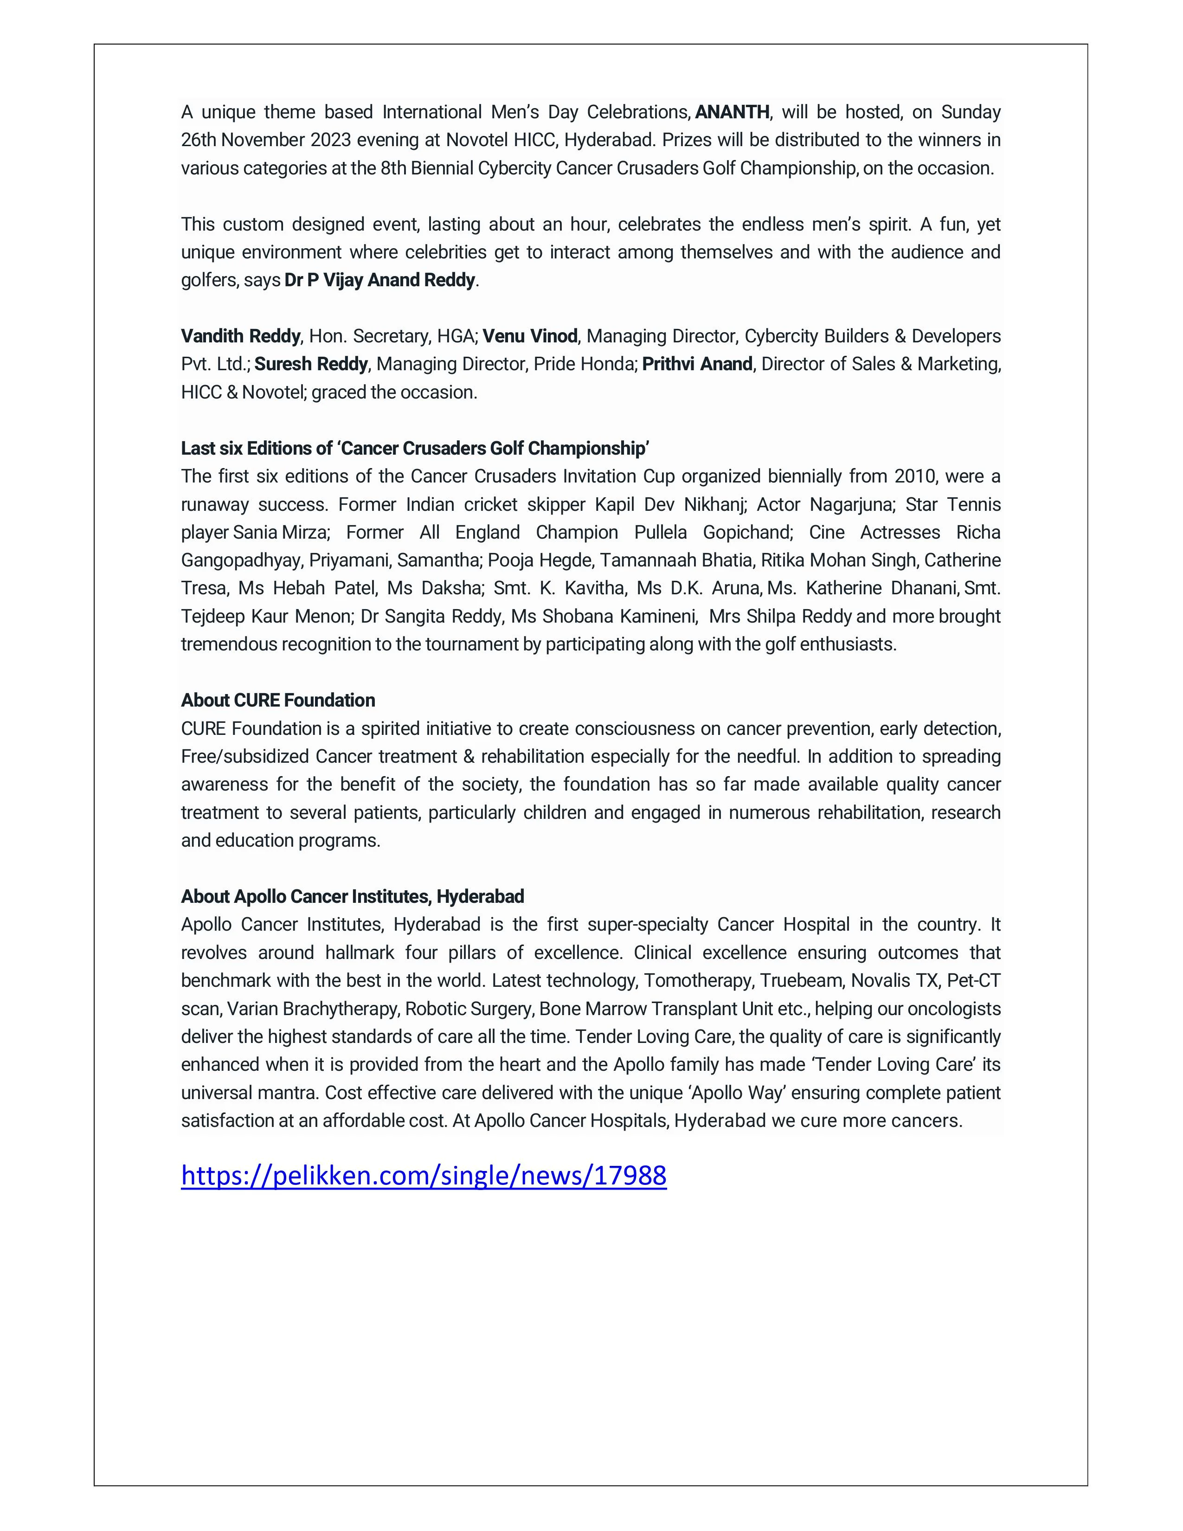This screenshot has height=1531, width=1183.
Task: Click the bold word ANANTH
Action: (x=732, y=112)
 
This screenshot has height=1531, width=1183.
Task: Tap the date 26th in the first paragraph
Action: (x=199, y=140)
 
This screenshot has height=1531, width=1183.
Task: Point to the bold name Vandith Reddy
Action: (x=240, y=336)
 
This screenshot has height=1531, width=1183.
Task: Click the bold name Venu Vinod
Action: (x=530, y=336)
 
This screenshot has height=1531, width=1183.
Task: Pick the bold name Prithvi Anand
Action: (x=697, y=365)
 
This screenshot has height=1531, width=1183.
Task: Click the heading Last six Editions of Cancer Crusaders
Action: (x=415, y=449)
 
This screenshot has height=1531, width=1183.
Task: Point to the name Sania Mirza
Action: (x=280, y=533)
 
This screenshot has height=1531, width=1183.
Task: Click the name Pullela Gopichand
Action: (x=714, y=533)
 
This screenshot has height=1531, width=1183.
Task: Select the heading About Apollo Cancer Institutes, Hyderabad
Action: (x=353, y=897)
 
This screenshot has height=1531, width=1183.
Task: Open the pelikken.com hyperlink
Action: (x=423, y=1176)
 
